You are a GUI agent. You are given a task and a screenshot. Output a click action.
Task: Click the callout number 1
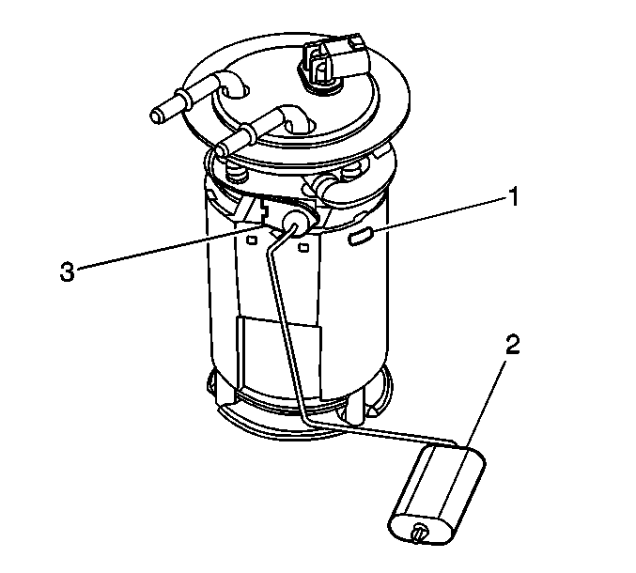pyautogui.click(x=514, y=197)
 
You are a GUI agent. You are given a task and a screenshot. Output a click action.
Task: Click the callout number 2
pyautogui.click(x=512, y=345)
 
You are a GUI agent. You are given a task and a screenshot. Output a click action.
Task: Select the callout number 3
pyautogui.click(x=68, y=271)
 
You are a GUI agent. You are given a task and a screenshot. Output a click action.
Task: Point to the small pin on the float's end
pyautogui.click(x=419, y=531)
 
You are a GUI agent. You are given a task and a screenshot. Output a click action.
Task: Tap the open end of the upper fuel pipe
pyautogui.click(x=157, y=116)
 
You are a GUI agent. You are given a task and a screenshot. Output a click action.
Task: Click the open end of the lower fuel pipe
pyautogui.click(x=220, y=151)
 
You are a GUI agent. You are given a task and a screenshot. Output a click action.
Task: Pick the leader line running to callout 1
pyautogui.click(x=440, y=214)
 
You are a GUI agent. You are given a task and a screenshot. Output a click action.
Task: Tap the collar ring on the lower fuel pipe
pyautogui.click(x=247, y=132)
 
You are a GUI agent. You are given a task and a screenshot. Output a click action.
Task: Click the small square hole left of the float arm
pyautogui.click(x=252, y=240)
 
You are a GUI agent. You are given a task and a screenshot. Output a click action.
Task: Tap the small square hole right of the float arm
pyautogui.click(x=303, y=246)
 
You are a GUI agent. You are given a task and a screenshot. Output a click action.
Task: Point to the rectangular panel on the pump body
pyautogui.click(x=280, y=353)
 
